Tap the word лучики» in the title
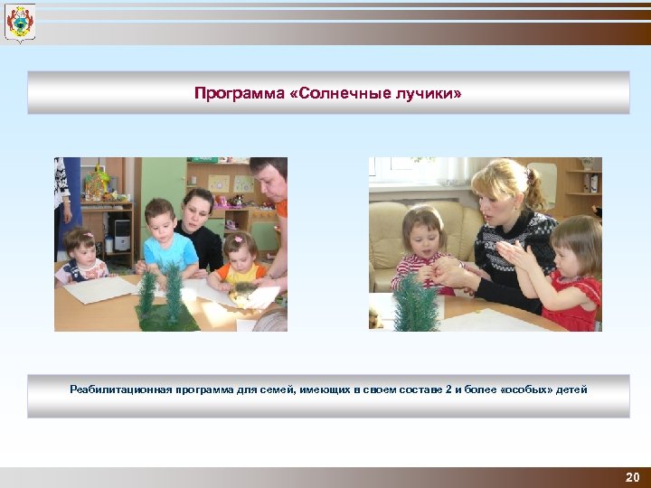click(431, 92)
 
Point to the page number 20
click(632, 477)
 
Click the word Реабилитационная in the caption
click(115, 389)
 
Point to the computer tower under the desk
click(121, 235)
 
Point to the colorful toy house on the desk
click(96, 184)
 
